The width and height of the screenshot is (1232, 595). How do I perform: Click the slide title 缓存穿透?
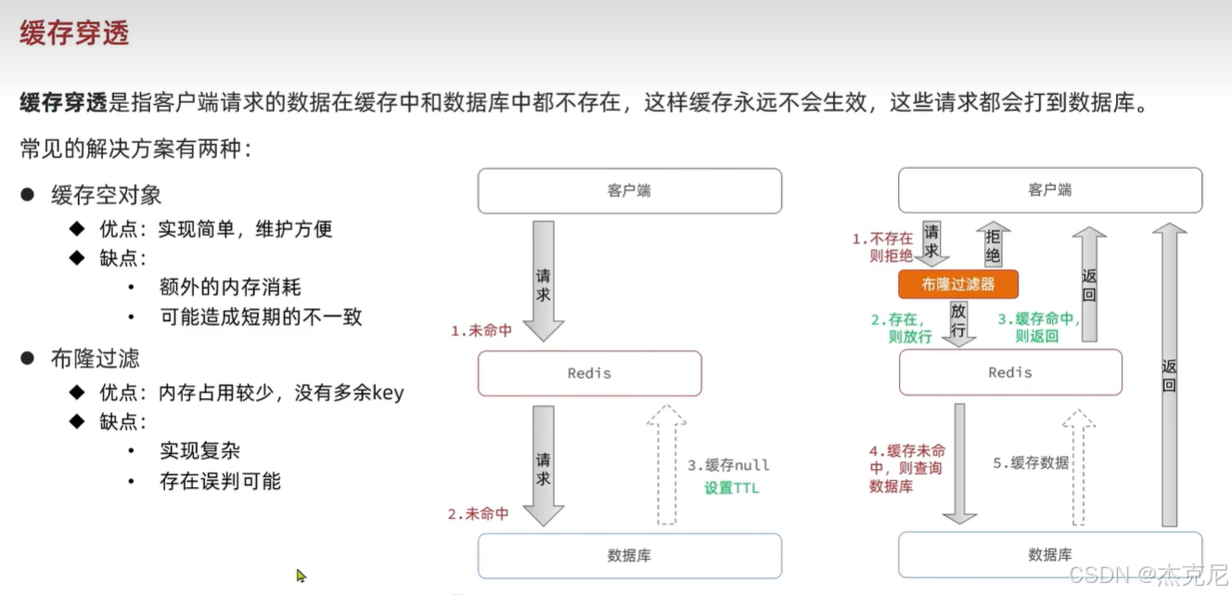(x=74, y=33)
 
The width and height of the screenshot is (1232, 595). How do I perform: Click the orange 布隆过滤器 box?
(x=958, y=284)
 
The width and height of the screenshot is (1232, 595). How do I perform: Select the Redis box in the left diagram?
(x=589, y=373)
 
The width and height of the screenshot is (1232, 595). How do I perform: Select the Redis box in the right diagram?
(x=1010, y=372)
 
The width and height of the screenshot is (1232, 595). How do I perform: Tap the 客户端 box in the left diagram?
(x=629, y=190)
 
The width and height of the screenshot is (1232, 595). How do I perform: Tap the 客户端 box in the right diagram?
(x=1050, y=190)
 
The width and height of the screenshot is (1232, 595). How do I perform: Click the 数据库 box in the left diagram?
(x=629, y=555)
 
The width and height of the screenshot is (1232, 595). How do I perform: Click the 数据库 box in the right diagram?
(x=1050, y=555)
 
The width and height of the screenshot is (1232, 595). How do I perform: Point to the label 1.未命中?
(x=481, y=330)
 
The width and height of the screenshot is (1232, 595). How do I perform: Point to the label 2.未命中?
(x=479, y=513)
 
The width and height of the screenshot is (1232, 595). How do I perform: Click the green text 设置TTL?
(x=731, y=487)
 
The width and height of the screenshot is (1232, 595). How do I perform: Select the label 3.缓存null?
(x=729, y=465)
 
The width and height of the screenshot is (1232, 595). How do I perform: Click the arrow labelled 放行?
(x=958, y=323)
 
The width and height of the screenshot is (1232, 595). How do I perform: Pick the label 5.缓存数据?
(x=1031, y=462)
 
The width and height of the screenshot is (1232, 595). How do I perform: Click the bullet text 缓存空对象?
(x=107, y=195)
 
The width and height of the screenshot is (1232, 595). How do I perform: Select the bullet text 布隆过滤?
(x=96, y=359)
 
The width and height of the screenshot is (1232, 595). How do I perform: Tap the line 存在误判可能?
(x=220, y=481)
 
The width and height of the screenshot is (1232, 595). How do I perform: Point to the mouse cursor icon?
(x=301, y=576)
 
